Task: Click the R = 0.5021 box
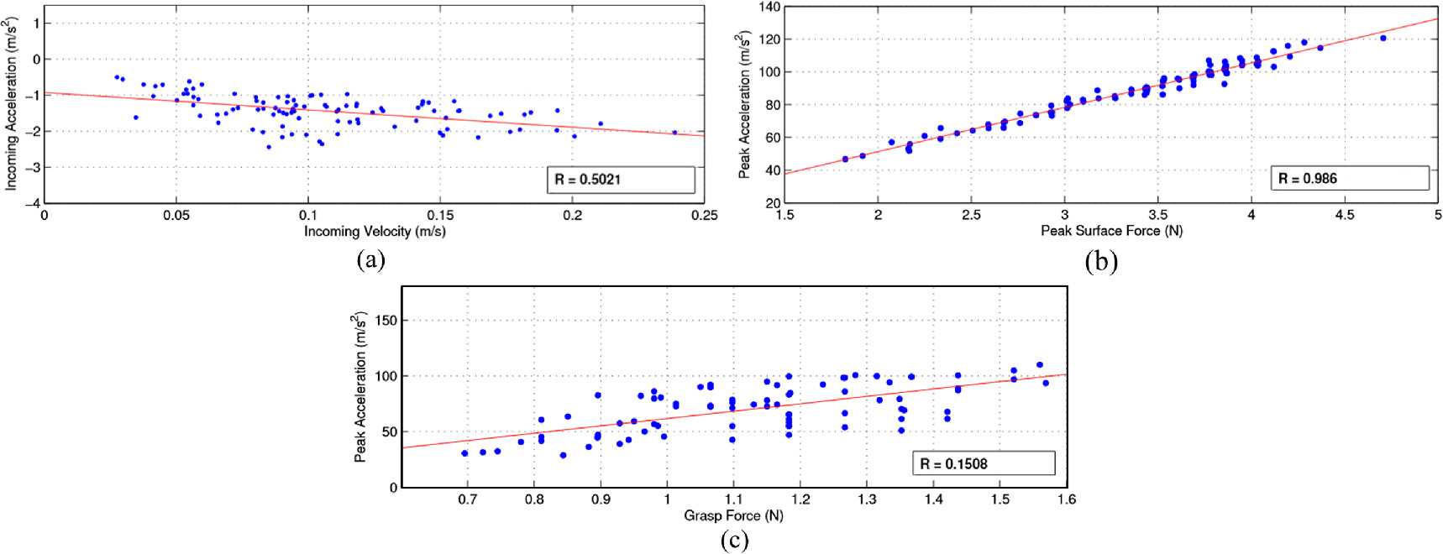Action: [621, 180]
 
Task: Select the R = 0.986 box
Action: [1350, 178]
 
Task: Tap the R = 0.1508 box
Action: [984, 463]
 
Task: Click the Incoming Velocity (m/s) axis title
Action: [375, 232]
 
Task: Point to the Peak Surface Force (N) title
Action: [1111, 231]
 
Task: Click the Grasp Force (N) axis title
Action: [733, 515]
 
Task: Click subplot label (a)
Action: [370, 259]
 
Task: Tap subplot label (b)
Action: [1100, 261]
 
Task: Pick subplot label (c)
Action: [735, 540]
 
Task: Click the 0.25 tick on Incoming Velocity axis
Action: [705, 215]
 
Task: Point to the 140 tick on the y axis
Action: [770, 7]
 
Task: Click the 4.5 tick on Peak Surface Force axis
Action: [1345, 215]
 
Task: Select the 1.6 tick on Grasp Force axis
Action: [1067, 499]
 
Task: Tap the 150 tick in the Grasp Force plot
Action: [386, 321]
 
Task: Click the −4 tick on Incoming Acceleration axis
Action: [32, 204]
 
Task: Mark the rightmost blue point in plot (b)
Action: [1383, 38]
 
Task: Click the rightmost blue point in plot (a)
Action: [674, 132]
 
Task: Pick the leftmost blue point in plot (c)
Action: [464, 453]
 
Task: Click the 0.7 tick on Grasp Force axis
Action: [468, 499]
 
